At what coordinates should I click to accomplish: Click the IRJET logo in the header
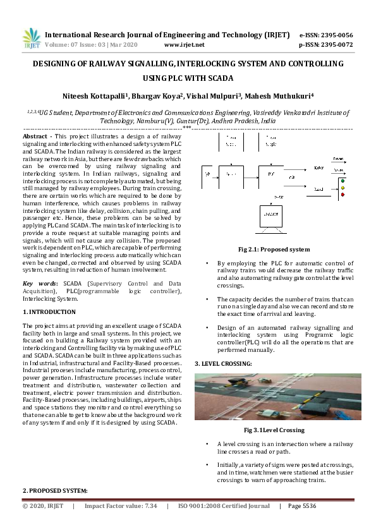[x=31, y=39]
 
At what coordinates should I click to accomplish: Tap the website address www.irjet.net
[x=184, y=45]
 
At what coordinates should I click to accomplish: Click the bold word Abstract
[x=35, y=136]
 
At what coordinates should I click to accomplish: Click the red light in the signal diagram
[x=343, y=195]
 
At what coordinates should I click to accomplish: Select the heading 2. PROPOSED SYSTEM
[x=55, y=490]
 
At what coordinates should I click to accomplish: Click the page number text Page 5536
[x=302, y=506]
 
